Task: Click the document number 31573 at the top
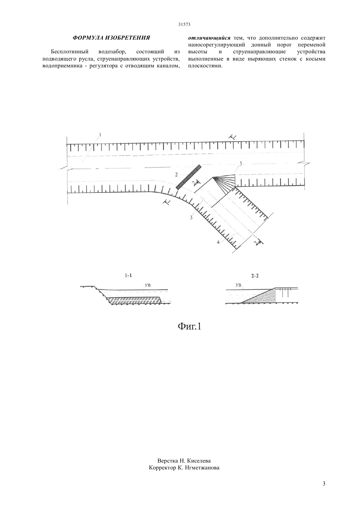pos(184,25)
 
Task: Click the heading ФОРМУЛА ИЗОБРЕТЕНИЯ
pos(111,38)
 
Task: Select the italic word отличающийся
pos(209,38)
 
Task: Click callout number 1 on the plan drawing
pos(100,135)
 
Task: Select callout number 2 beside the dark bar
pos(176,175)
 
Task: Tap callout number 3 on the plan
pos(191,218)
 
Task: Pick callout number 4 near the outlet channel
pos(218,242)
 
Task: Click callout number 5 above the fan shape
pos(241,163)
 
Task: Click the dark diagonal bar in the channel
pos(189,177)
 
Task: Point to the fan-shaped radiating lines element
pos(224,183)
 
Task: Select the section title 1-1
pos(128,276)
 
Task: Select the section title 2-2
pos(255,276)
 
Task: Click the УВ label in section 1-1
pos(148,285)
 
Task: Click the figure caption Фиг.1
pos(189,326)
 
